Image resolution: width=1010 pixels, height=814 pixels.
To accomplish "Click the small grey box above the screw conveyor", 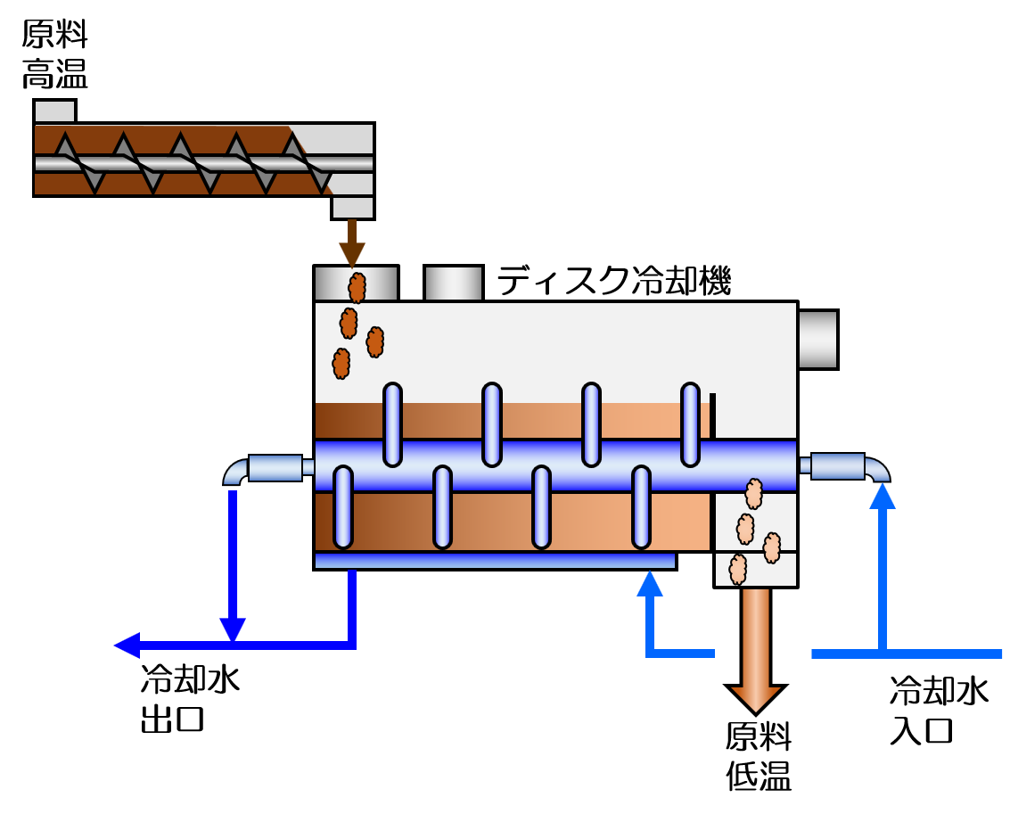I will tap(54, 111).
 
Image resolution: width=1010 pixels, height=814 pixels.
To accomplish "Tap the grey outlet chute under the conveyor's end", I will tap(352, 207).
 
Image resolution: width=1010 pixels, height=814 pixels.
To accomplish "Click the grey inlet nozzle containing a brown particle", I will tap(356, 284).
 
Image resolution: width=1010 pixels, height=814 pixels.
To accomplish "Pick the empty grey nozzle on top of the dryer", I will tap(453, 284).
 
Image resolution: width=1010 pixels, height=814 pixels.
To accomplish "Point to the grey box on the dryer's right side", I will tap(817, 339).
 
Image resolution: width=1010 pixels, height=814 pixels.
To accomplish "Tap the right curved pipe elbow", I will tap(877, 469).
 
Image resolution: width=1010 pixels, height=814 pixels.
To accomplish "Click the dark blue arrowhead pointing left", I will tap(127, 645).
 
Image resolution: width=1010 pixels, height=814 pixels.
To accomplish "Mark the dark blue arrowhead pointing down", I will tap(233, 629).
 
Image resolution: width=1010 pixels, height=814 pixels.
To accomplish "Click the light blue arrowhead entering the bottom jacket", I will tap(650, 584).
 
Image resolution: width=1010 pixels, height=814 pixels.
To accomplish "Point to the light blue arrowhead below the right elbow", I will tap(883, 496).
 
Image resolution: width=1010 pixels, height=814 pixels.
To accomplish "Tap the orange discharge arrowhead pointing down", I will tap(756, 698).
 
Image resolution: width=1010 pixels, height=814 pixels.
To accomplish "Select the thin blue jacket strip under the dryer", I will tap(495, 560).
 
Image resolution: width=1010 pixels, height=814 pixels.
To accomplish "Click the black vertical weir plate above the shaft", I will tap(712, 415).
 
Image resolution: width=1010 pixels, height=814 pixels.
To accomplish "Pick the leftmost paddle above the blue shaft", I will tap(392, 424).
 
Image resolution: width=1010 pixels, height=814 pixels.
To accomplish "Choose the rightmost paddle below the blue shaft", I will tap(641, 506).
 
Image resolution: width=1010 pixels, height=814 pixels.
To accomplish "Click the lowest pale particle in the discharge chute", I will tap(737, 569).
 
